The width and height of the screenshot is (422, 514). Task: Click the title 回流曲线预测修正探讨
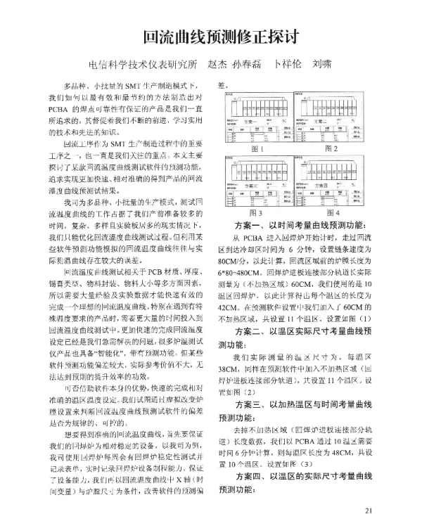(211, 37)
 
